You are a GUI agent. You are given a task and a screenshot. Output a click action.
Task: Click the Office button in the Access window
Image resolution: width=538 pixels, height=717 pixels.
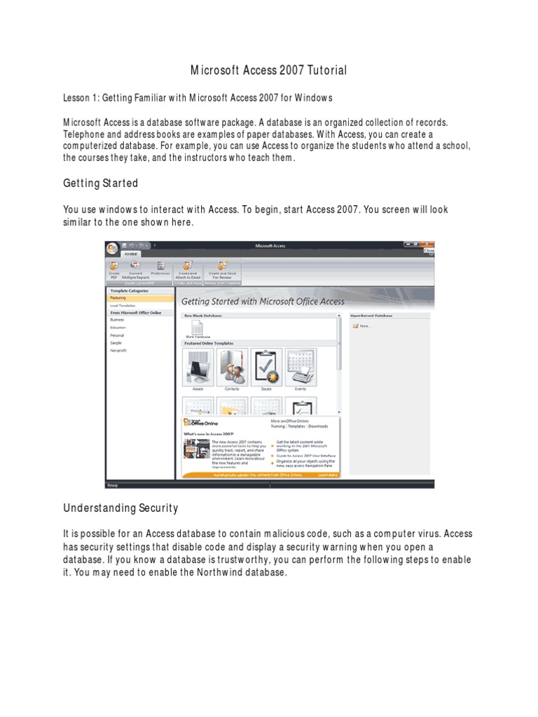pyautogui.click(x=112, y=249)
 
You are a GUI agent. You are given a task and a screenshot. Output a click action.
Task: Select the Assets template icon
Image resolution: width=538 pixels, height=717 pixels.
pyautogui.click(x=198, y=366)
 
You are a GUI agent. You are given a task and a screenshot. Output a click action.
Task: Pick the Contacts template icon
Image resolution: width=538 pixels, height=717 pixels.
pyautogui.click(x=233, y=366)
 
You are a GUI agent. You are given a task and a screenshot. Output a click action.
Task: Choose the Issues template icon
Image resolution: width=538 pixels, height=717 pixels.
pyautogui.click(x=267, y=366)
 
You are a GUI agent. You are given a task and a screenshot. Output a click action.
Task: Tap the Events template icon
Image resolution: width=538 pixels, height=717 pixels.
pyautogui.click(x=301, y=366)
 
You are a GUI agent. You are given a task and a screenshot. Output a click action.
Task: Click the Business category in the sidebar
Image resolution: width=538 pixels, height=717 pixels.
pyautogui.click(x=117, y=319)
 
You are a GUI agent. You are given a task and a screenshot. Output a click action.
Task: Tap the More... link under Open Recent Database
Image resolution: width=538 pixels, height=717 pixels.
pyautogui.click(x=364, y=326)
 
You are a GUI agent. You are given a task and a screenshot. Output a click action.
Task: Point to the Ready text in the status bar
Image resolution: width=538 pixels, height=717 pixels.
pyautogui.click(x=113, y=485)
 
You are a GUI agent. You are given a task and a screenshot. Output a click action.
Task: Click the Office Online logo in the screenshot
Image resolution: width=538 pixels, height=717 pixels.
pyautogui.click(x=201, y=424)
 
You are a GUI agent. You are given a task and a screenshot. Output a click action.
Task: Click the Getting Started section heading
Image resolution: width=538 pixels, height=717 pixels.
pyautogui.click(x=100, y=183)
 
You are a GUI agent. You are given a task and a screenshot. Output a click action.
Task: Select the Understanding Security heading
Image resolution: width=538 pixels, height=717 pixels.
pyautogui.click(x=120, y=508)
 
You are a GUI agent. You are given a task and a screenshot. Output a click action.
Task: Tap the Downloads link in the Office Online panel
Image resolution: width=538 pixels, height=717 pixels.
pyautogui.click(x=317, y=426)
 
